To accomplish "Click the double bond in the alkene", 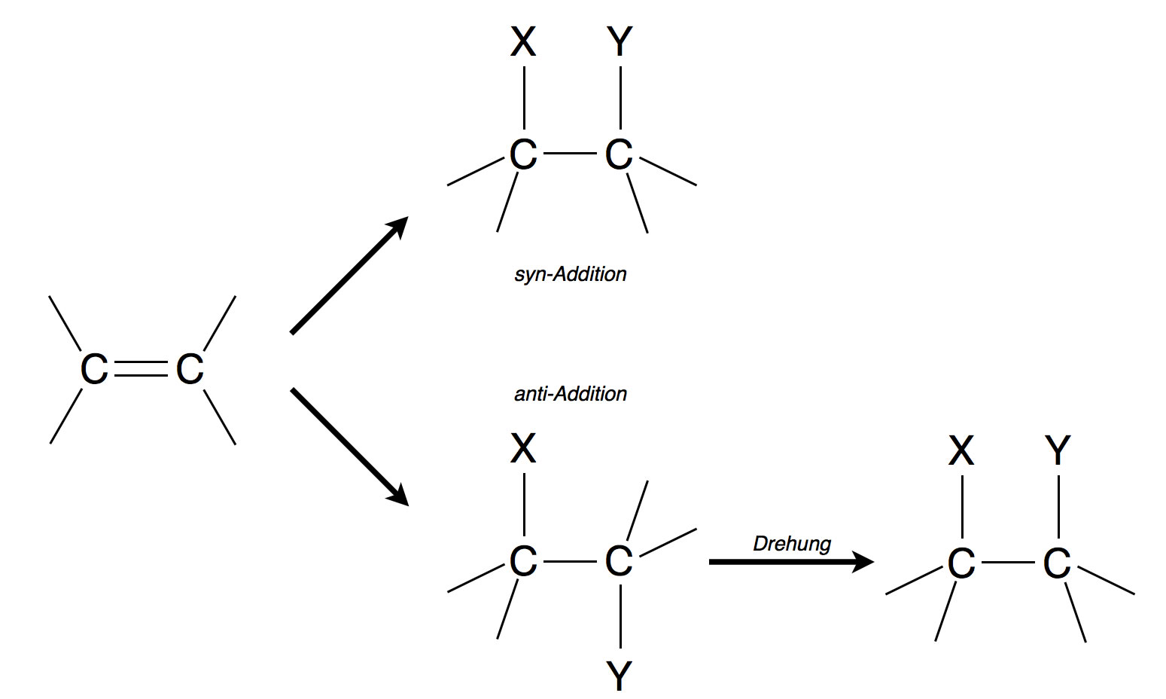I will pos(142,369).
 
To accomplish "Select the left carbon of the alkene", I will pos(94,370).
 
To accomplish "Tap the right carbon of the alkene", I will pos(190,370).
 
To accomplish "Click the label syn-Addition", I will pos(570,273).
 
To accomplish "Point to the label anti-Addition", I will pos(570,393).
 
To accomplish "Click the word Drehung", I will pos(792,543).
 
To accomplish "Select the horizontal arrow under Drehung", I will pos(790,561).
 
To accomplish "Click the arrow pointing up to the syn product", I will pos(349,276).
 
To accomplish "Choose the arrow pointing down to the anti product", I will pos(349,446).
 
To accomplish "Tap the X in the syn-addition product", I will pos(523,42).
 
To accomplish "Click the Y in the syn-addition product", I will pos(620,42).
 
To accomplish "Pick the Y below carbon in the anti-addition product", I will pos(620,676).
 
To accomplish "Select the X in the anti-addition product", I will pos(523,449).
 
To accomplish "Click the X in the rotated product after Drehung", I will pos(961,451).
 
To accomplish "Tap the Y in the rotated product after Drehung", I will pos(1058,451).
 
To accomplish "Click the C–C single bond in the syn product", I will pos(571,154).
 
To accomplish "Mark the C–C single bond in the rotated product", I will pos(1009,563).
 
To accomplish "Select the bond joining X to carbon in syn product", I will pos(524,98).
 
